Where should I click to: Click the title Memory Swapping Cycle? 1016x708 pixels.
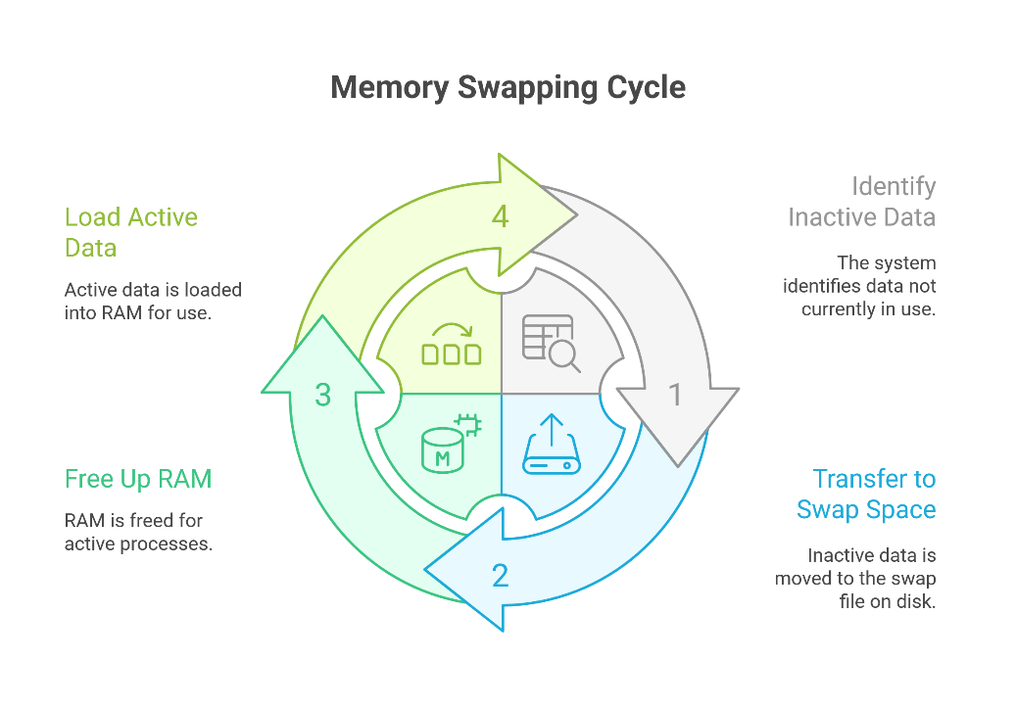[508, 87]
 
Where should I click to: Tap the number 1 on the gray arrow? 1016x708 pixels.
[675, 395]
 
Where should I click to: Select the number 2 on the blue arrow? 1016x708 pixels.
[501, 575]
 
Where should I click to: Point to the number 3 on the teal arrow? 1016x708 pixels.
[323, 395]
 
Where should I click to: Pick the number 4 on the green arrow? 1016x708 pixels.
[501, 216]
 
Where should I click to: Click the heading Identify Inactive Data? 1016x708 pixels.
[862, 202]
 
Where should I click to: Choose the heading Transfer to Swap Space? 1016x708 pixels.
[866, 495]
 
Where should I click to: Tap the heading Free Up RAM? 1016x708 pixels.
[138, 479]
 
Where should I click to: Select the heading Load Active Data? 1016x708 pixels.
[131, 232]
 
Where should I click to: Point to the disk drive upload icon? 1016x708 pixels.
[552, 444]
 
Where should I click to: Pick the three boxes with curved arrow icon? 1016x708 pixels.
[451, 344]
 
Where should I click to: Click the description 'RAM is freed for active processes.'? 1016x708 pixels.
[139, 532]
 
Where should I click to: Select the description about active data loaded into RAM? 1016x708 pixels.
[153, 302]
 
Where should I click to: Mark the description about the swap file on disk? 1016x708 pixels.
[855, 579]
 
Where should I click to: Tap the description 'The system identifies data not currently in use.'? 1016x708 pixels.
[859, 286]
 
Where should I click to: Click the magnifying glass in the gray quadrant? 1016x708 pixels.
[563, 356]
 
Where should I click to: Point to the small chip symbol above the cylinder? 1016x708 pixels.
[469, 425]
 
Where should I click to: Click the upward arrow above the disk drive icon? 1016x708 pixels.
[552, 430]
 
